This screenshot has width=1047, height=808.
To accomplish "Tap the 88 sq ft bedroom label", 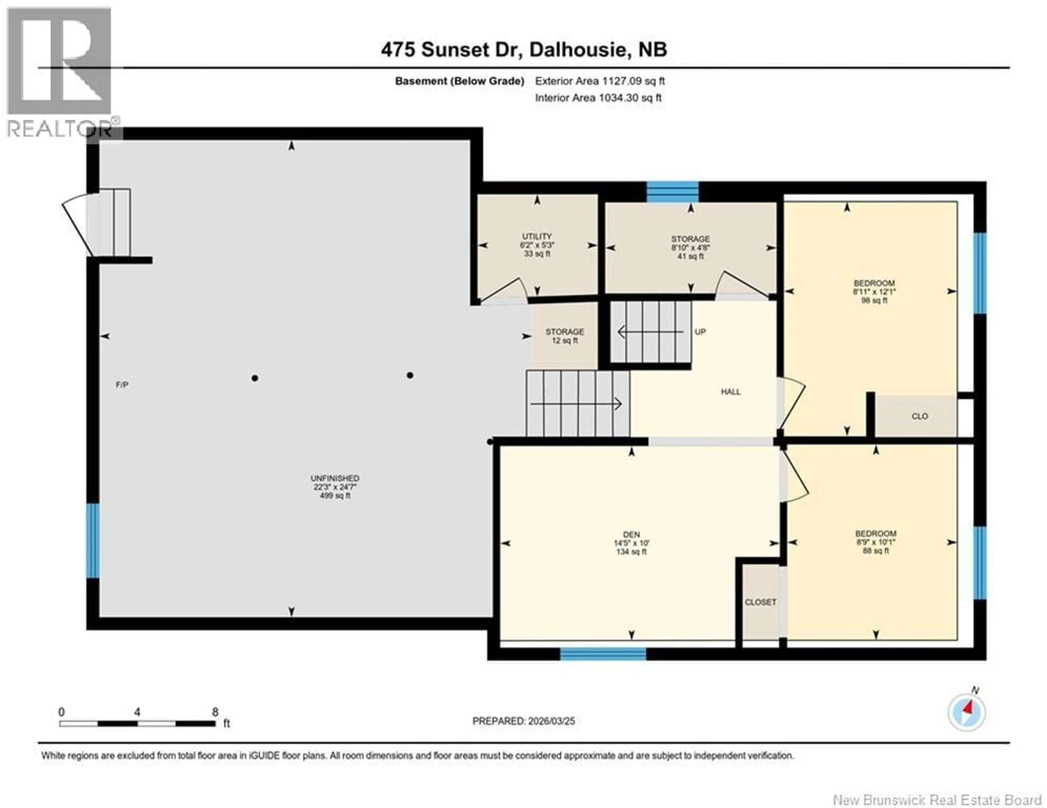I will pyautogui.click(x=875, y=542).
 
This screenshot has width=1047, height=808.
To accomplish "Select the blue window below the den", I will pyautogui.click(x=603, y=654).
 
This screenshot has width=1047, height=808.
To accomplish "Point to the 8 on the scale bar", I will pyautogui.click(x=215, y=712).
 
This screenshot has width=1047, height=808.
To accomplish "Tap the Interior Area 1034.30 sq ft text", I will pyautogui.click(x=598, y=98).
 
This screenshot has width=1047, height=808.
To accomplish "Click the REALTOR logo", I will pyautogui.click(x=60, y=72).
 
